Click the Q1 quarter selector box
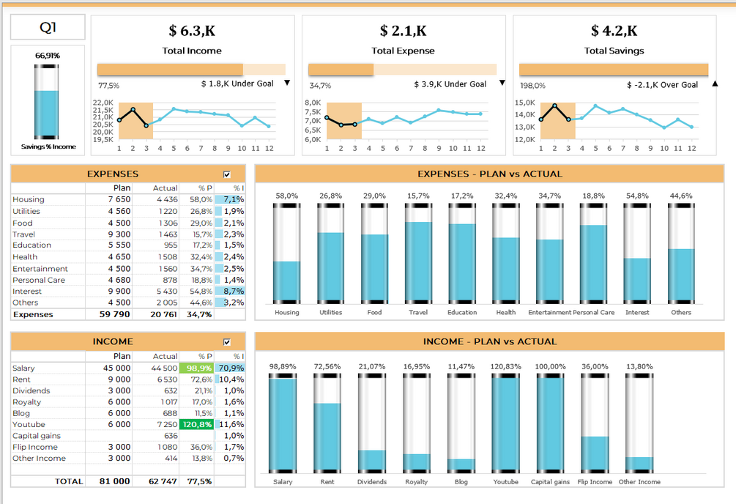(48, 28)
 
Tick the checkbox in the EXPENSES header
(226, 174)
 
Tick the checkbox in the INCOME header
(226, 341)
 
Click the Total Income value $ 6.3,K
(192, 31)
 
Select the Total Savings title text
(614, 51)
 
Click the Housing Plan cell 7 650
(119, 199)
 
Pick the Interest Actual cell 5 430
(166, 292)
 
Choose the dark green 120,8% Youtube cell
(198, 425)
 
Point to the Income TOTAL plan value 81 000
(115, 481)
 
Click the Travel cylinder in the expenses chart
(418, 253)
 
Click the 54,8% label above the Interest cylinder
(637, 196)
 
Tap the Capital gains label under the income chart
(550, 482)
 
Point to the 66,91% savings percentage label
(48, 56)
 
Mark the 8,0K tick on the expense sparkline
(313, 103)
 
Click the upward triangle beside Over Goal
(715, 84)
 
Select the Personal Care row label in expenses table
(39, 280)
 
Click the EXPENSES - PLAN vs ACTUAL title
(489, 174)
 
